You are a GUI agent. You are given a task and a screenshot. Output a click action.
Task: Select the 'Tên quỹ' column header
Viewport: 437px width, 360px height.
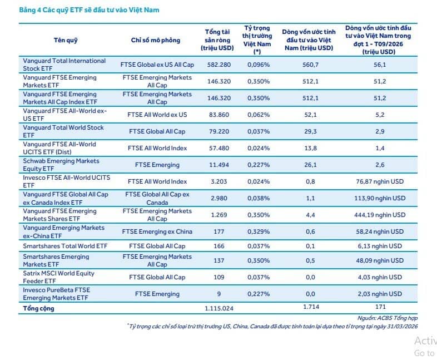pyautogui.click(x=66, y=40)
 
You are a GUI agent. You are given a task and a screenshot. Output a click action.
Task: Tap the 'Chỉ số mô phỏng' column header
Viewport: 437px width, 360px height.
pyautogui.click(x=156, y=40)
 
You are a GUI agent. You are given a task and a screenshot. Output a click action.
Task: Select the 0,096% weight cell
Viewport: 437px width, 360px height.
pyautogui.click(x=259, y=65)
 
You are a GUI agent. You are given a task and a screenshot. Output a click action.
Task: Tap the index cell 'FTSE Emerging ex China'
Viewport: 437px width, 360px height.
pyautogui.click(x=157, y=231)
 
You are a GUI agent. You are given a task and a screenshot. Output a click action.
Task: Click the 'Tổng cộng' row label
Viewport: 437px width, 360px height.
pyautogui.click(x=39, y=308)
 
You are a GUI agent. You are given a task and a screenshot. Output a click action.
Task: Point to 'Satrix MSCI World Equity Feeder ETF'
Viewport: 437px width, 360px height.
pyautogui.click(x=58, y=277)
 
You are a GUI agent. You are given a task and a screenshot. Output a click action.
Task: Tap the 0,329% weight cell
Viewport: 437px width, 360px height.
pyautogui.click(x=259, y=231)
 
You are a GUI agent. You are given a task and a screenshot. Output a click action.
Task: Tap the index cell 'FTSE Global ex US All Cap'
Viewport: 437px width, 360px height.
pyautogui.click(x=157, y=65)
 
